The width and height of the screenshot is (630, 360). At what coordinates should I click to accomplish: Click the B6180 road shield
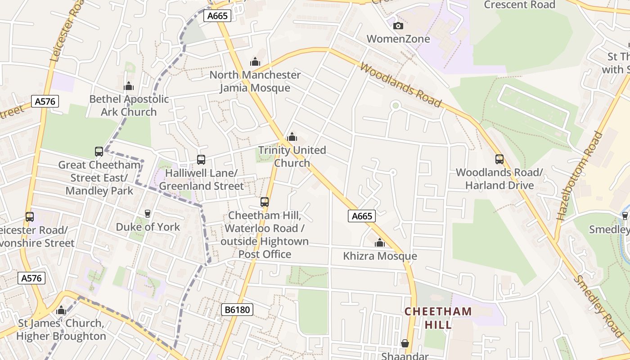pyautogui.click(x=238, y=310)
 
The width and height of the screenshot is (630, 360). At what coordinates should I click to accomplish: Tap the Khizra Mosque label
pyautogui.click(x=380, y=256)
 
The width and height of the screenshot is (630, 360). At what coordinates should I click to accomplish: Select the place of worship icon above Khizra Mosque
pyautogui.click(x=380, y=243)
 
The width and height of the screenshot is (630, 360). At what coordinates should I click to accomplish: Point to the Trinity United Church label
pyautogui.click(x=292, y=157)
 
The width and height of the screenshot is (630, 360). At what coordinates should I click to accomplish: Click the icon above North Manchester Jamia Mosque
pyautogui.click(x=255, y=62)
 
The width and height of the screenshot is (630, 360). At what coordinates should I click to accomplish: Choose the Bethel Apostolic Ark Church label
pyautogui.click(x=129, y=105)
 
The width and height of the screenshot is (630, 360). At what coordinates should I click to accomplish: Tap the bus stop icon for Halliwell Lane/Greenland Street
pyautogui.click(x=201, y=159)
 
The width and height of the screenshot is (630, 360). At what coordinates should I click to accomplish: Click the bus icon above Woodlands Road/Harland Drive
pyautogui.click(x=499, y=159)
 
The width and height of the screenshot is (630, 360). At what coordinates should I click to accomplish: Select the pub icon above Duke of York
pyautogui.click(x=147, y=213)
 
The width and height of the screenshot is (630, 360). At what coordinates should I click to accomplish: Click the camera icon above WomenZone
pyautogui.click(x=398, y=26)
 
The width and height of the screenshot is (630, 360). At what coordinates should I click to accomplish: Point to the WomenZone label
pyautogui.click(x=398, y=39)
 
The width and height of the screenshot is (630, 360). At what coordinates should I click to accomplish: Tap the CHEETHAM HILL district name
pyautogui.click(x=438, y=318)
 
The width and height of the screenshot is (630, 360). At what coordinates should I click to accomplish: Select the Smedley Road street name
pyautogui.click(x=598, y=306)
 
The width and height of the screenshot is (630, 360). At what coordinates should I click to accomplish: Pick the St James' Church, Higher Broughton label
pyautogui.click(x=61, y=330)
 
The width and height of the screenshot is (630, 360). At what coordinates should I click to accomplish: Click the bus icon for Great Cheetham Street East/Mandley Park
pyautogui.click(x=99, y=151)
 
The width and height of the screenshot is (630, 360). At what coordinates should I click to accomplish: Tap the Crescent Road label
pyautogui.click(x=519, y=5)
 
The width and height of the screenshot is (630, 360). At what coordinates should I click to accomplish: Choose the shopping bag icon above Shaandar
pyautogui.click(x=405, y=343)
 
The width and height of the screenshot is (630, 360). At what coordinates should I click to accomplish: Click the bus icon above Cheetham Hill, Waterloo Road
pyautogui.click(x=265, y=202)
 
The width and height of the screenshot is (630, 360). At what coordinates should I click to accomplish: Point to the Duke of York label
pyautogui.click(x=148, y=227)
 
